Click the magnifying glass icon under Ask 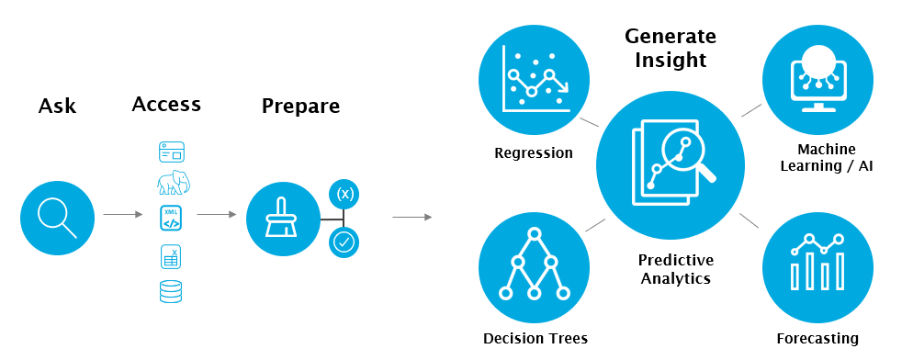(x=57, y=218)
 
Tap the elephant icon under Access (x=174, y=183)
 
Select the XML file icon (x=171, y=219)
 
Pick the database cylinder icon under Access (x=171, y=291)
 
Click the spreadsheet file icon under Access (x=171, y=256)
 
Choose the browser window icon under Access (x=171, y=152)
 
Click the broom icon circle (x=283, y=219)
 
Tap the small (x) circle (x=344, y=194)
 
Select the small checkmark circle (x=344, y=243)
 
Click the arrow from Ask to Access (x=123, y=214)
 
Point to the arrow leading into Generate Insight (x=412, y=218)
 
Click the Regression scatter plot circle (x=534, y=80)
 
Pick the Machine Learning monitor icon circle (x=817, y=80)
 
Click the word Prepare (x=300, y=106)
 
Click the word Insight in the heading (x=671, y=60)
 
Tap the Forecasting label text (x=817, y=338)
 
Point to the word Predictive (x=675, y=260)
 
